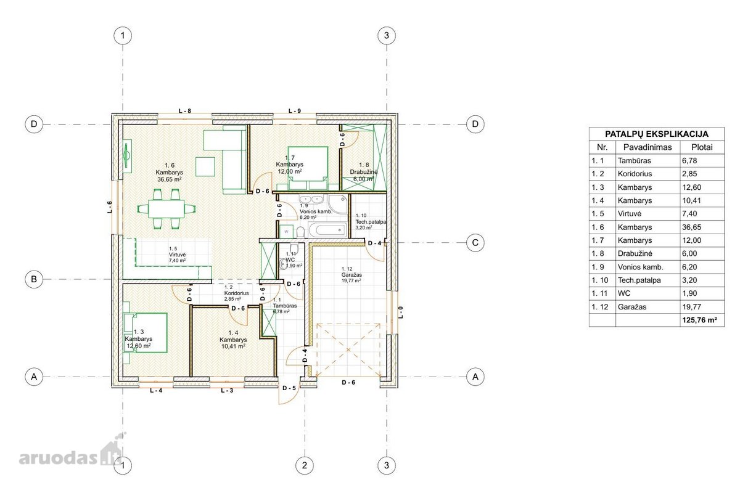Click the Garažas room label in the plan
(x=351, y=275)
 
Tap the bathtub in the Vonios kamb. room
(x=327, y=230)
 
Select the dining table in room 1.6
(x=166, y=209)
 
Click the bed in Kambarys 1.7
(x=308, y=168)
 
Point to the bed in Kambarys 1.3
(x=145, y=333)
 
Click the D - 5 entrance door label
(x=289, y=388)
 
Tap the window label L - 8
(x=184, y=111)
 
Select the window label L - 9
(x=294, y=111)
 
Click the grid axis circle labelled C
(x=475, y=243)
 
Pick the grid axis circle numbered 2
(x=304, y=465)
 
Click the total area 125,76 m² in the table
(x=699, y=320)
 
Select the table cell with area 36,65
(x=691, y=227)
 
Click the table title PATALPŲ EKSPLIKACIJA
(x=656, y=134)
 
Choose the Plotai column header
(x=702, y=147)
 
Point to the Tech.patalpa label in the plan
(x=371, y=223)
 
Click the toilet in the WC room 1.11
(x=294, y=247)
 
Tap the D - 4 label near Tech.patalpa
(x=374, y=243)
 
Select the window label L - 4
(x=156, y=390)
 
